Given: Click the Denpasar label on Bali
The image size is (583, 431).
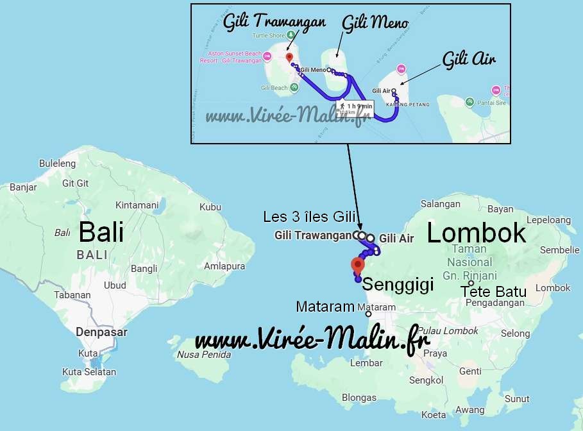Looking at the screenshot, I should tap(101, 332).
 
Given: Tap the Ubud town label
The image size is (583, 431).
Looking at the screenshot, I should tap(115, 285).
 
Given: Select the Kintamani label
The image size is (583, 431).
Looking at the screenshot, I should tap(137, 205).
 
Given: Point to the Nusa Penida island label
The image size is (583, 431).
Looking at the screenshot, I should tap(203, 354).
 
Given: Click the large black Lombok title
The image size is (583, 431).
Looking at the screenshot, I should tap(476, 233).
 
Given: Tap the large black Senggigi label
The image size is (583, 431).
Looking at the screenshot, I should tap(398, 283).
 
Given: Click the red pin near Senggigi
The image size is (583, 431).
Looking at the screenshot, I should tap(357, 264).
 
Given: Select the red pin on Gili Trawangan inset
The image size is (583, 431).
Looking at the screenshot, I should tap(289, 47).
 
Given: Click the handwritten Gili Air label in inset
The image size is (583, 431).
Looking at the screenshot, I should tap(469, 60).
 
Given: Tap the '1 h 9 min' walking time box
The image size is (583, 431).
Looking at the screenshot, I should tap(356, 106).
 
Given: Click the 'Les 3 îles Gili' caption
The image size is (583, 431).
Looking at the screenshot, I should tap(308, 217).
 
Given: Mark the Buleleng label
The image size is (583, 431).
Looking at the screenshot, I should tap(57, 164).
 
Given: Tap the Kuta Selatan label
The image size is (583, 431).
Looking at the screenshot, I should tap(89, 372).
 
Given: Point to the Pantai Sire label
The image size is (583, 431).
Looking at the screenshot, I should tap(491, 102).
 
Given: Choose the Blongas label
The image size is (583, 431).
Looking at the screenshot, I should tap(359, 398).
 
